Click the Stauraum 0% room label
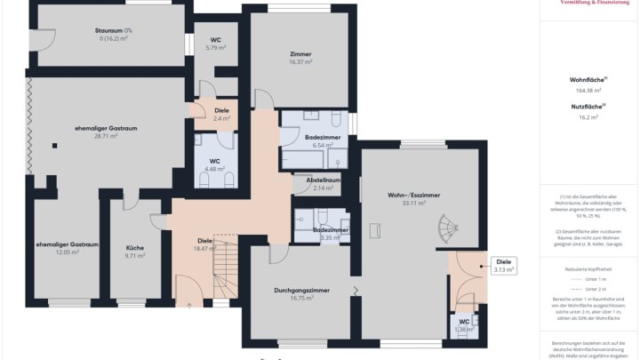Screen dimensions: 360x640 click(114, 31)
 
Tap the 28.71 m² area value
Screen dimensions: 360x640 click(107, 137)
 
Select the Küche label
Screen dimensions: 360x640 click(135, 248)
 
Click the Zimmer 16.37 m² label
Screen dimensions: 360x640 click(300, 54)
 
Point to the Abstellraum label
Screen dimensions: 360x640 click(324, 180)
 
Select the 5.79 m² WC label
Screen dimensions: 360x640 click(216, 40)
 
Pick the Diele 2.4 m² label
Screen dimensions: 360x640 click(221, 111)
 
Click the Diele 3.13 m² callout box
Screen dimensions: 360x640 click(504, 265)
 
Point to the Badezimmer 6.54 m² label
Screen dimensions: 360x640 click(318, 138)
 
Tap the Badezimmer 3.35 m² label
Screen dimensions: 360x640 click(331, 230)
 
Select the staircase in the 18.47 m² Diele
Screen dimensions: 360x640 click(229, 275)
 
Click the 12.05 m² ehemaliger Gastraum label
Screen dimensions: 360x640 click(67, 244)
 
